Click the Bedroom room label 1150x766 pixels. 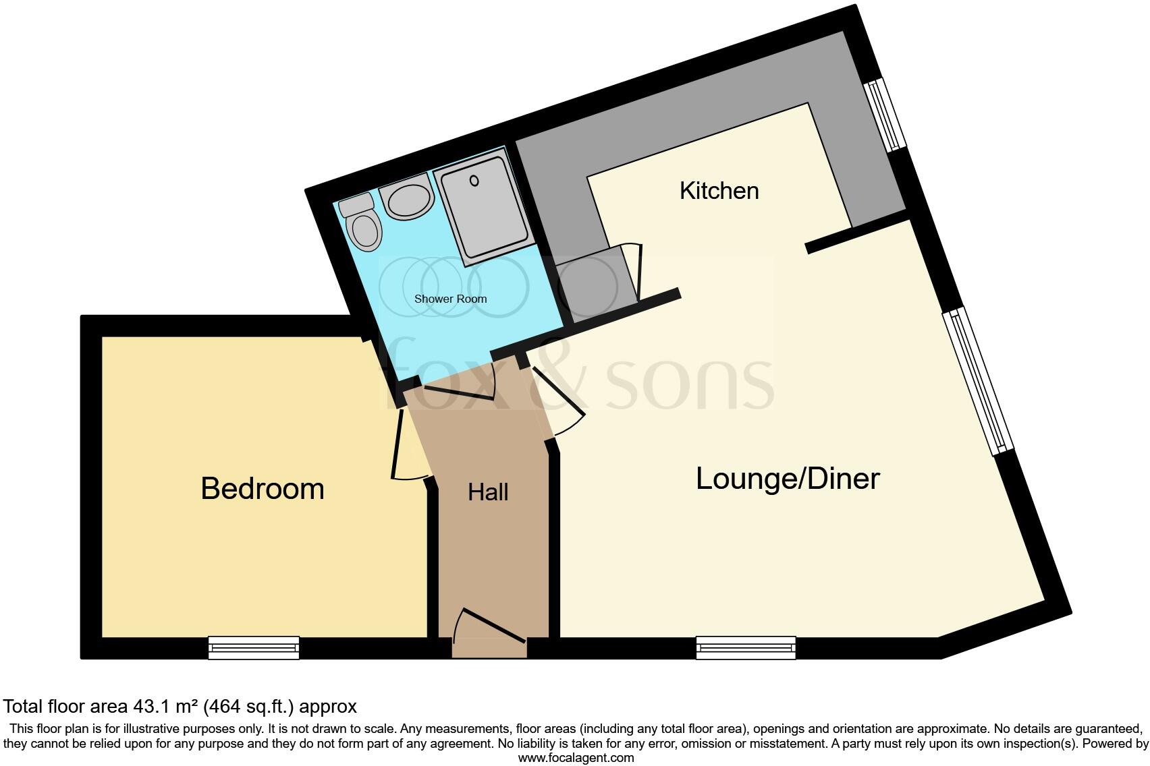click(263, 489)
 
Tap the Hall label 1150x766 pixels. click(488, 492)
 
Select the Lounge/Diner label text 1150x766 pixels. click(788, 479)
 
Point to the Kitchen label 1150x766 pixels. click(719, 191)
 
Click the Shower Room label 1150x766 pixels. click(450, 299)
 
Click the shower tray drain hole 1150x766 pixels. click(474, 181)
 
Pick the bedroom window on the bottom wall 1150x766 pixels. click(254, 647)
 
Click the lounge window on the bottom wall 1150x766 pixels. click(746, 647)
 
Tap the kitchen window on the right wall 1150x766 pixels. click(886, 115)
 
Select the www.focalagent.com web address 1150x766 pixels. click(576, 757)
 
